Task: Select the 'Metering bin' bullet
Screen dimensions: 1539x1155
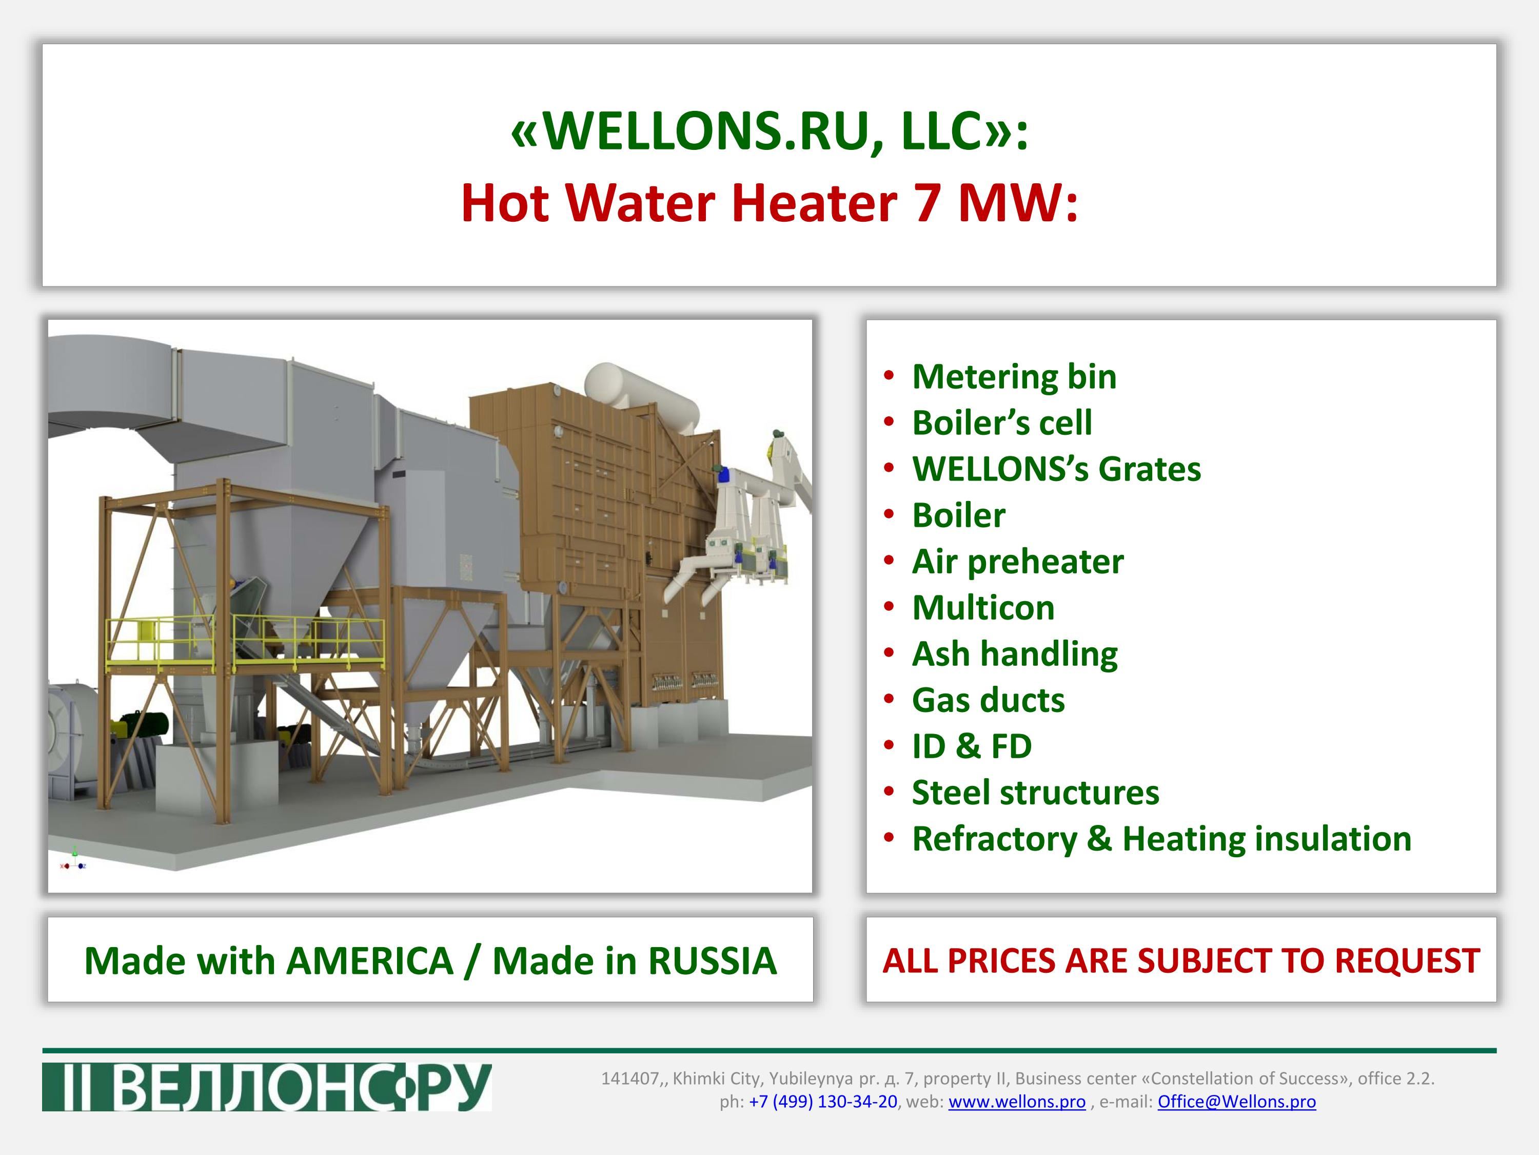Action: point(1014,377)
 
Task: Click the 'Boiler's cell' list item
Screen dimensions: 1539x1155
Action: point(1002,422)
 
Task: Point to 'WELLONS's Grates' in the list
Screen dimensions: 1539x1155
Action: point(1056,469)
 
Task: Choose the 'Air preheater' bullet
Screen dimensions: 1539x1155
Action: point(1017,562)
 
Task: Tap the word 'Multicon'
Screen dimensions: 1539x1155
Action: point(983,608)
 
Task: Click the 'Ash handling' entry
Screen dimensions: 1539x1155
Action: point(1014,654)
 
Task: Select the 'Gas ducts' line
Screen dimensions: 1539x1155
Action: point(988,700)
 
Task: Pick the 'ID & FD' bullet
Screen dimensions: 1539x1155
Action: point(972,746)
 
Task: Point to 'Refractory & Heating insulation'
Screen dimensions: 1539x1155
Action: point(1161,839)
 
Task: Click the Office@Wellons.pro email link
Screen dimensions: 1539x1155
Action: point(1236,1102)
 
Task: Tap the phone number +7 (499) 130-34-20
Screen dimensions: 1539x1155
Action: point(823,1102)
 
